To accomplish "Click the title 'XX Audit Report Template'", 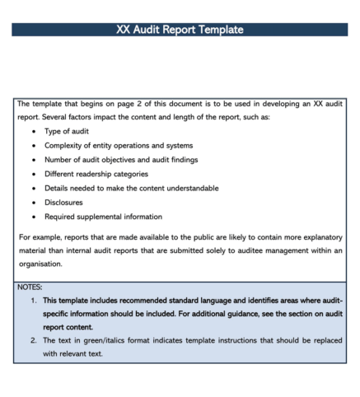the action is (x=180, y=30).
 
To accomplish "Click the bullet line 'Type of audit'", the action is (x=67, y=132).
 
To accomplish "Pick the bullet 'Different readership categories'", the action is (x=96, y=174).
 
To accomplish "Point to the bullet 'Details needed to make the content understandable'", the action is (x=131, y=188).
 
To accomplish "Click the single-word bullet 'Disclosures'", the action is (x=63, y=203).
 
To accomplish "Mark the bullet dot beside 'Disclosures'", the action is (x=33, y=203).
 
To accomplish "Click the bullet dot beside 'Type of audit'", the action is (x=33, y=132).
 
